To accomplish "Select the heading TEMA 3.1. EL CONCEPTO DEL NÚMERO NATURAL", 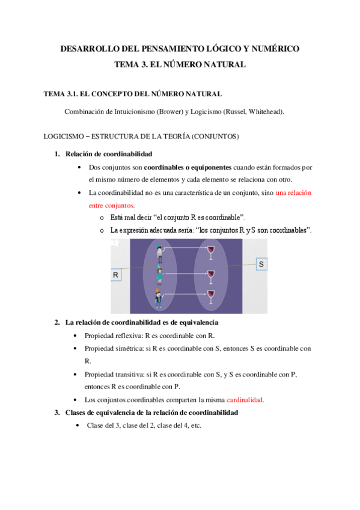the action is point(133,94).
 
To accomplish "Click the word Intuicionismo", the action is point(135,112).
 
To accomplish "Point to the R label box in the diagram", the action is point(116,275).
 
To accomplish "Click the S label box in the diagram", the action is point(261,264).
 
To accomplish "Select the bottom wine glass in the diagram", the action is point(211,296).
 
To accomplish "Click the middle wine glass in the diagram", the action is point(211,277).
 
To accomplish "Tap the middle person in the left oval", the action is point(159,275).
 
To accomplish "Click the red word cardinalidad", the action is point(245,400).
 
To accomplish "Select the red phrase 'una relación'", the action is point(294,193).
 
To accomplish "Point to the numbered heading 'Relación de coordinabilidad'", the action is point(109,154).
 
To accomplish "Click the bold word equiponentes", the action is point(211,168).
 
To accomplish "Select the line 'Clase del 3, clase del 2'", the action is point(144,426).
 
